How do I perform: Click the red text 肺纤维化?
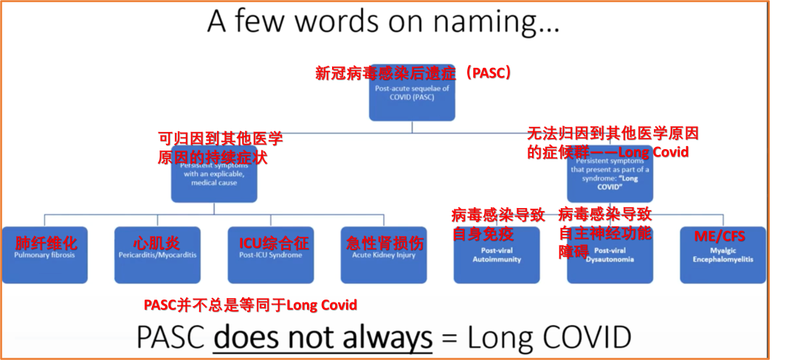coord(46,243)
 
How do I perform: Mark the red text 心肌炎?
coord(156,243)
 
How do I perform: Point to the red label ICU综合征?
coord(274,243)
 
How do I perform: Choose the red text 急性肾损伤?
coord(385,243)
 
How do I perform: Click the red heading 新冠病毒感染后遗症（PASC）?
coord(413,73)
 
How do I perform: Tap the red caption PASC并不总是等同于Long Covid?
coord(250,305)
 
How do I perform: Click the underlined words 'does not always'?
coord(322,337)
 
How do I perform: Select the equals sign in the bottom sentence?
coord(450,338)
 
